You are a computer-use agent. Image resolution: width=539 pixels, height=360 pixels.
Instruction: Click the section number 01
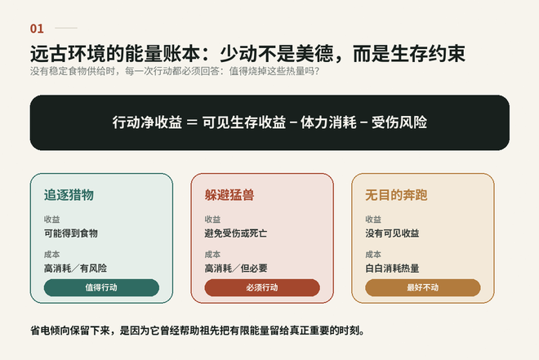tap(37, 29)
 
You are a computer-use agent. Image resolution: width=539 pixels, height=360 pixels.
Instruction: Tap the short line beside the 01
tap(66, 29)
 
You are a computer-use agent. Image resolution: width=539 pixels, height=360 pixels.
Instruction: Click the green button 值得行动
tap(101, 287)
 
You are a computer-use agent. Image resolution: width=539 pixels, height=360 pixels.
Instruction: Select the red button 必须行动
tap(262, 287)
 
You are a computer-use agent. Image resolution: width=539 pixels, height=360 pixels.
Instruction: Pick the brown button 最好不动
tap(423, 287)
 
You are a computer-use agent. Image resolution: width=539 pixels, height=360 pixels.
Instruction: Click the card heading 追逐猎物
tap(69, 195)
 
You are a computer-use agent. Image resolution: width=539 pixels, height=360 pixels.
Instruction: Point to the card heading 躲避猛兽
tap(229, 195)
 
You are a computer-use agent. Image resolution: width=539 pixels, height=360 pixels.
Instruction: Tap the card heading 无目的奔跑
tap(396, 195)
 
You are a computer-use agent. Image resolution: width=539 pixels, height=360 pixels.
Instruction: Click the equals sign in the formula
tap(192, 122)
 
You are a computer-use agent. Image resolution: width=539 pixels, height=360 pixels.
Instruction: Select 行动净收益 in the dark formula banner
tap(147, 122)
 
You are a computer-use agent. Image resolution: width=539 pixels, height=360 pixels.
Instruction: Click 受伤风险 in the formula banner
tap(399, 122)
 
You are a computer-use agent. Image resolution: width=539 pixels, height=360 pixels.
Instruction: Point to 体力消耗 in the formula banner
tap(328, 122)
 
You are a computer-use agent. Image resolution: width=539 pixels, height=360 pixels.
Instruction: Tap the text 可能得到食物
tap(71, 233)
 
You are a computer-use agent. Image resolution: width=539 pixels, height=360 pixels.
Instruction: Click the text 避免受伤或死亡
tap(236, 233)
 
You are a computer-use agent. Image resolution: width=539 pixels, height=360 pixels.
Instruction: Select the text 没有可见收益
tap(392, 233)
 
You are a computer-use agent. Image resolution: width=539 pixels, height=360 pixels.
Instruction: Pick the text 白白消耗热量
tap(392, 269)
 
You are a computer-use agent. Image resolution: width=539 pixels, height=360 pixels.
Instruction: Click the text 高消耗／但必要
tap(236, 269)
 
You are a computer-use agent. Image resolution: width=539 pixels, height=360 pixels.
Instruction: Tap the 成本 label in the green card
tap(52, 255)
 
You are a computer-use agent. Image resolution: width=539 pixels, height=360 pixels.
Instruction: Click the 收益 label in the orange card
tap(373, 220)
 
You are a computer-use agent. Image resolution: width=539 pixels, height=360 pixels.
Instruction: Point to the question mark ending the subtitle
tap(317, 71)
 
